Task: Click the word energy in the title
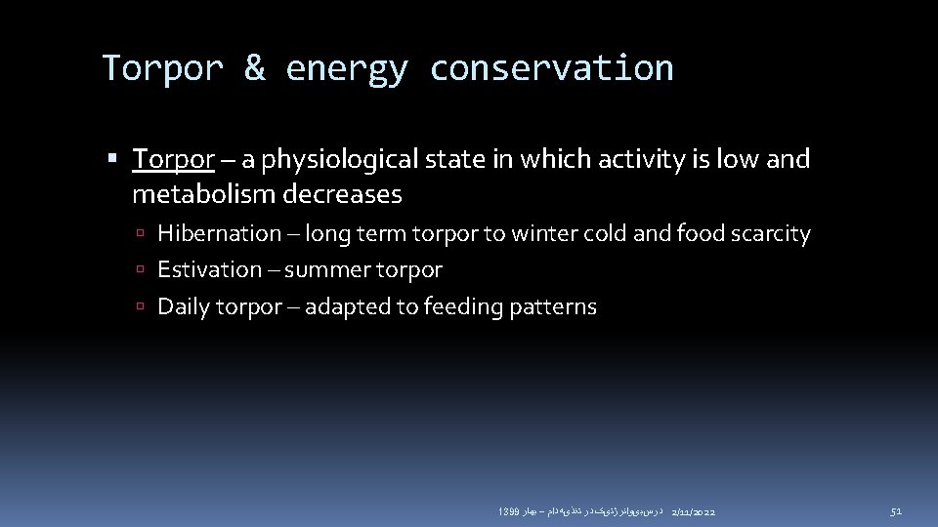[x=347, y=68]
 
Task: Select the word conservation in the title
[x=551, y=68]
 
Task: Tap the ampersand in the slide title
[x=254, y=68]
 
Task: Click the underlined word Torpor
[x=173, y=159]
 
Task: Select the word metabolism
[x=203, y=194]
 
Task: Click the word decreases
[x=342, y=194]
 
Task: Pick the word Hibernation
[x=219, y=233]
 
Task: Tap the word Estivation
[x=209, y=269]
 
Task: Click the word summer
[x=334, y=269]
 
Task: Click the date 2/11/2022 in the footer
[x=694, y=511]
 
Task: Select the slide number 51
[x=895, y=511]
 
